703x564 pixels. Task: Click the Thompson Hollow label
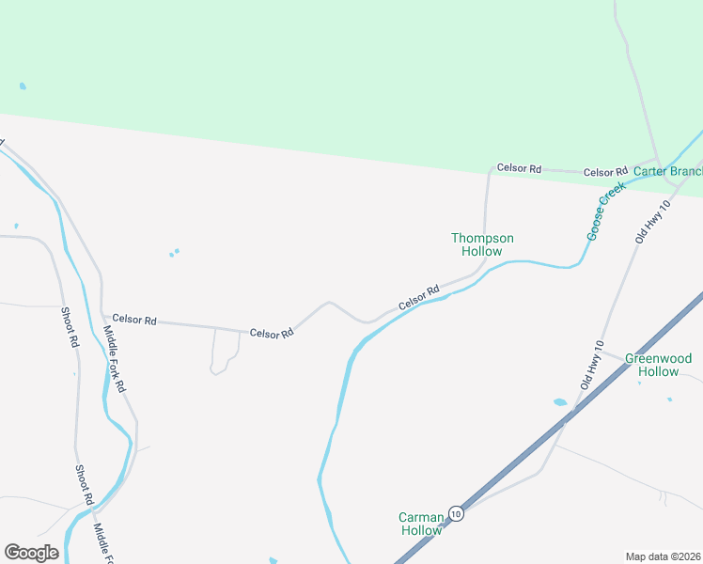click(x=482, y=244)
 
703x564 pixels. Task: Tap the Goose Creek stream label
click(x=605, y=211)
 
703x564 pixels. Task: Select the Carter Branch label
click(x=667, y=171)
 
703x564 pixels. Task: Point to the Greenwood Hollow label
click(x=658, y=365)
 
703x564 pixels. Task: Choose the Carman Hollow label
click(x=420, y=524)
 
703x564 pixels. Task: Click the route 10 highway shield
click(x=456, y=513)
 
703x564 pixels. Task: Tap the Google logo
click(x=31, y=553)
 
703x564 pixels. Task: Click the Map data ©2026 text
click(x=662, y=556)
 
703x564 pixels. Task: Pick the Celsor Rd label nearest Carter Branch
click(x=604, y=172)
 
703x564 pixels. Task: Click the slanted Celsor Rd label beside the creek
click(x=419, y=299)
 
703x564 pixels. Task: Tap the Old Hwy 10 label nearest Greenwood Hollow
click(x=589, y=365)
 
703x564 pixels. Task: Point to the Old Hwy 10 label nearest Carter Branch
click(x=651, y=222)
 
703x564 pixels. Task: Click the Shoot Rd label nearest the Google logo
click(x=84, y=485)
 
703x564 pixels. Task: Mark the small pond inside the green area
click(x=22, y=86)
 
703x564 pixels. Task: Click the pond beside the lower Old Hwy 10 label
click(x=560, y=402)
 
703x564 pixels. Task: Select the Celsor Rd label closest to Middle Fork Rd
click(x=133, y=320)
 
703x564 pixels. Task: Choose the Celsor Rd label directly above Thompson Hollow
click(x=519, y=168)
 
